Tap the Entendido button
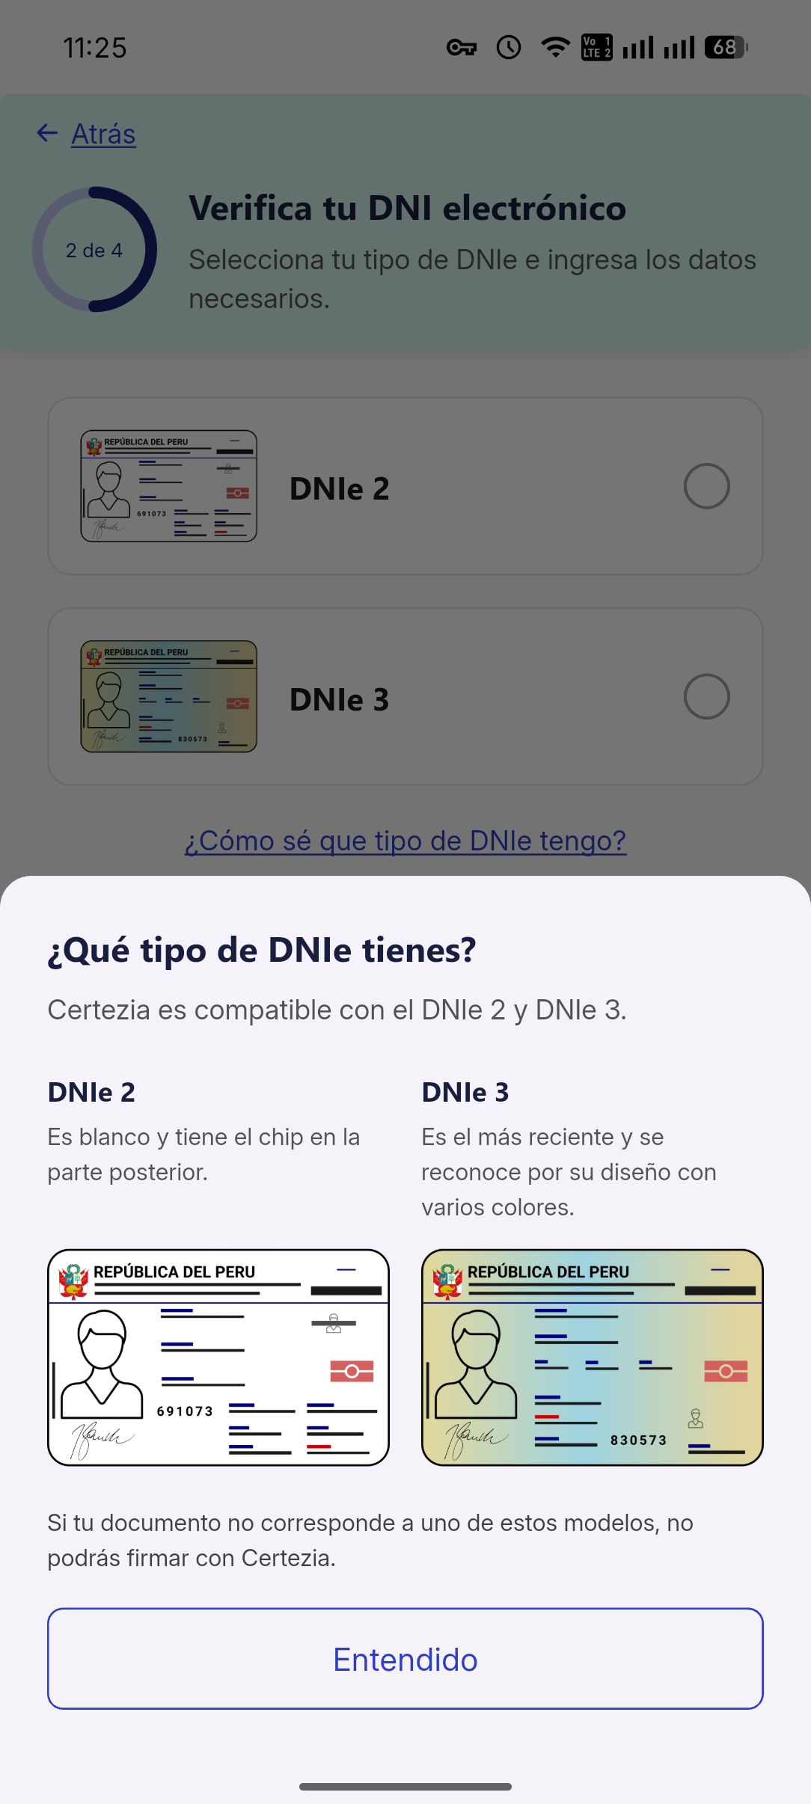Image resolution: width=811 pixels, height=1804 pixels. [405, 1659]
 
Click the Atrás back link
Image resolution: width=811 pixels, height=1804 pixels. [102, 135]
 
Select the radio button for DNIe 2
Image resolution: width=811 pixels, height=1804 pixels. [706, 486]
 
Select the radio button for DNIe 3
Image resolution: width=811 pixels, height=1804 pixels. [706, 696]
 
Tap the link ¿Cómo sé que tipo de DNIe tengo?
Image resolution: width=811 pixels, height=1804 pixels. [405, 841]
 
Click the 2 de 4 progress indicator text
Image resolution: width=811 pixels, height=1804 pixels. [94, 251]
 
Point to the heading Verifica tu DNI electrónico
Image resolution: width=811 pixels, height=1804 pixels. [407, 208]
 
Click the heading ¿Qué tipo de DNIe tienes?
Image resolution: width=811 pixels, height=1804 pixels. [262, 950]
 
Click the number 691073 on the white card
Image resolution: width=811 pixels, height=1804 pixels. [185, 1411]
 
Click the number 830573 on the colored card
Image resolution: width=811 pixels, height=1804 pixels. [638, 1441]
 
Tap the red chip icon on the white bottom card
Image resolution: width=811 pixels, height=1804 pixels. [352, 1371]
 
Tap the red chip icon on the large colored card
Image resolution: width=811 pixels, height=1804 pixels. [726, 1371]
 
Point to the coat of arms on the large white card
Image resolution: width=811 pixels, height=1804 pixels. [73, 1281]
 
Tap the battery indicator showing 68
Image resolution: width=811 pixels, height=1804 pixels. [725, 48]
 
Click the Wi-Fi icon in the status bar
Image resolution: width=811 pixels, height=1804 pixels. [554, 48]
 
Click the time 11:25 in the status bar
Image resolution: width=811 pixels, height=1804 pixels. [95, 48]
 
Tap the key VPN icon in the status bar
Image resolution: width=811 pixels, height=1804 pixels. [462, 48]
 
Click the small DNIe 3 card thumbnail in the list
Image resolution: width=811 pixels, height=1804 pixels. [169, 696]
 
